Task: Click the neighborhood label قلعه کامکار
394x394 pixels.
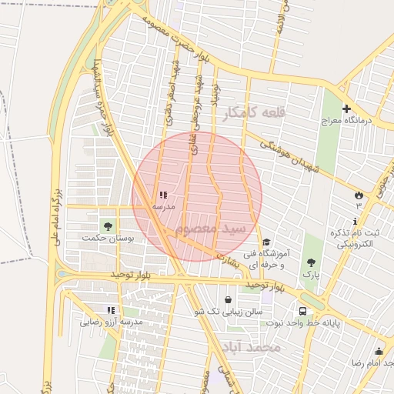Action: (254, 113)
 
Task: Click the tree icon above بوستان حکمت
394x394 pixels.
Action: (107, 226)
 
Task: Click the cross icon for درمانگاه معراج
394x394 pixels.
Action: (346, 109)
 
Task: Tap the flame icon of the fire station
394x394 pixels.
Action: (359, 194)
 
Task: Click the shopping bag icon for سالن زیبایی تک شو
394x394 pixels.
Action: (228, 299)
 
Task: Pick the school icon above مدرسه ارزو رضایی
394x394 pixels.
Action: (112, 310)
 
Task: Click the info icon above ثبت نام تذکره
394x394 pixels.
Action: (356, 220)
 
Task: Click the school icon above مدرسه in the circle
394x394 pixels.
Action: (162, 195)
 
